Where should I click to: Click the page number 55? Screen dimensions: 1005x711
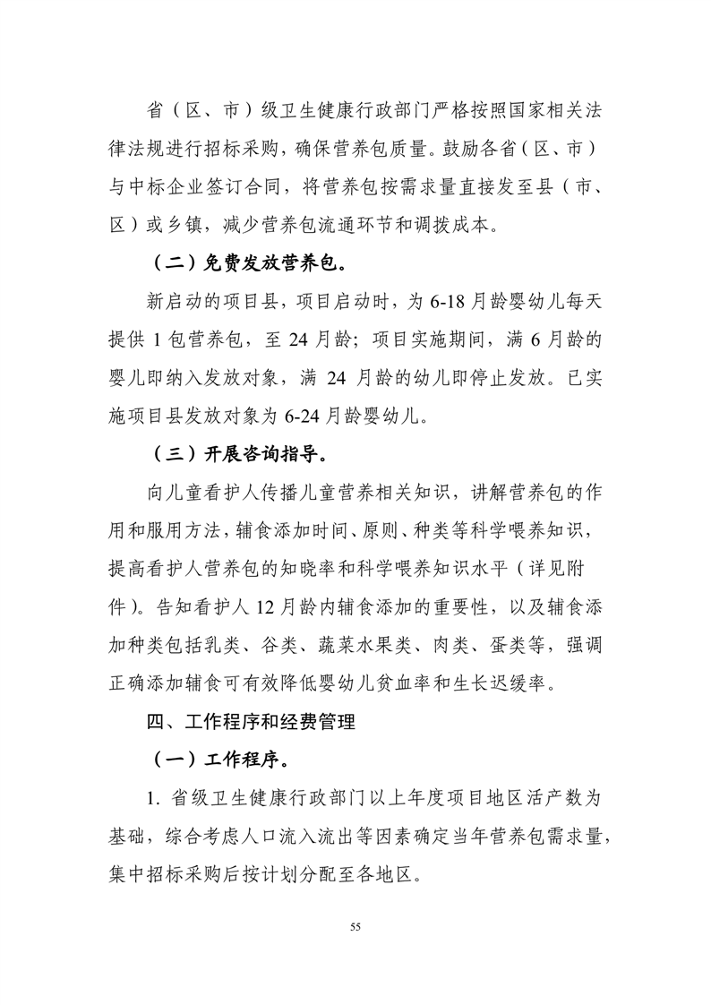point(355,926)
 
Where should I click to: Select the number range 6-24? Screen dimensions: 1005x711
point(303,416)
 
